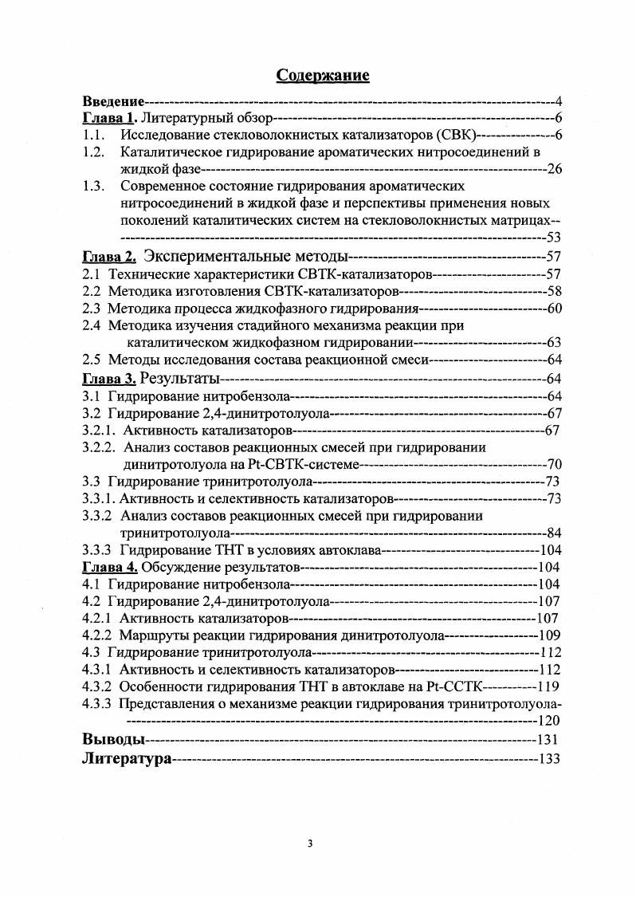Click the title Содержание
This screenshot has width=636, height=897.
pos(322,76)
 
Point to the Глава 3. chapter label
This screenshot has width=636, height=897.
pos(111,378)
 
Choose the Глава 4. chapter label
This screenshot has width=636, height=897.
pos(111,567)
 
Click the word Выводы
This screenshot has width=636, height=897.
pos(113,738)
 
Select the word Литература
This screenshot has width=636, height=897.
pos(127,759)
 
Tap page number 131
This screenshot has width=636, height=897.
pos(549,739)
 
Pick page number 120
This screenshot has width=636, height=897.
pos(549,720)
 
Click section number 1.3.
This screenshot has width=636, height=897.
pos(94,187)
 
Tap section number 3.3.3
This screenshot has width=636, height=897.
pos(97,550)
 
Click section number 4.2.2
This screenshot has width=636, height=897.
pos(97,635)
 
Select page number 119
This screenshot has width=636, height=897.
pos(549,687)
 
